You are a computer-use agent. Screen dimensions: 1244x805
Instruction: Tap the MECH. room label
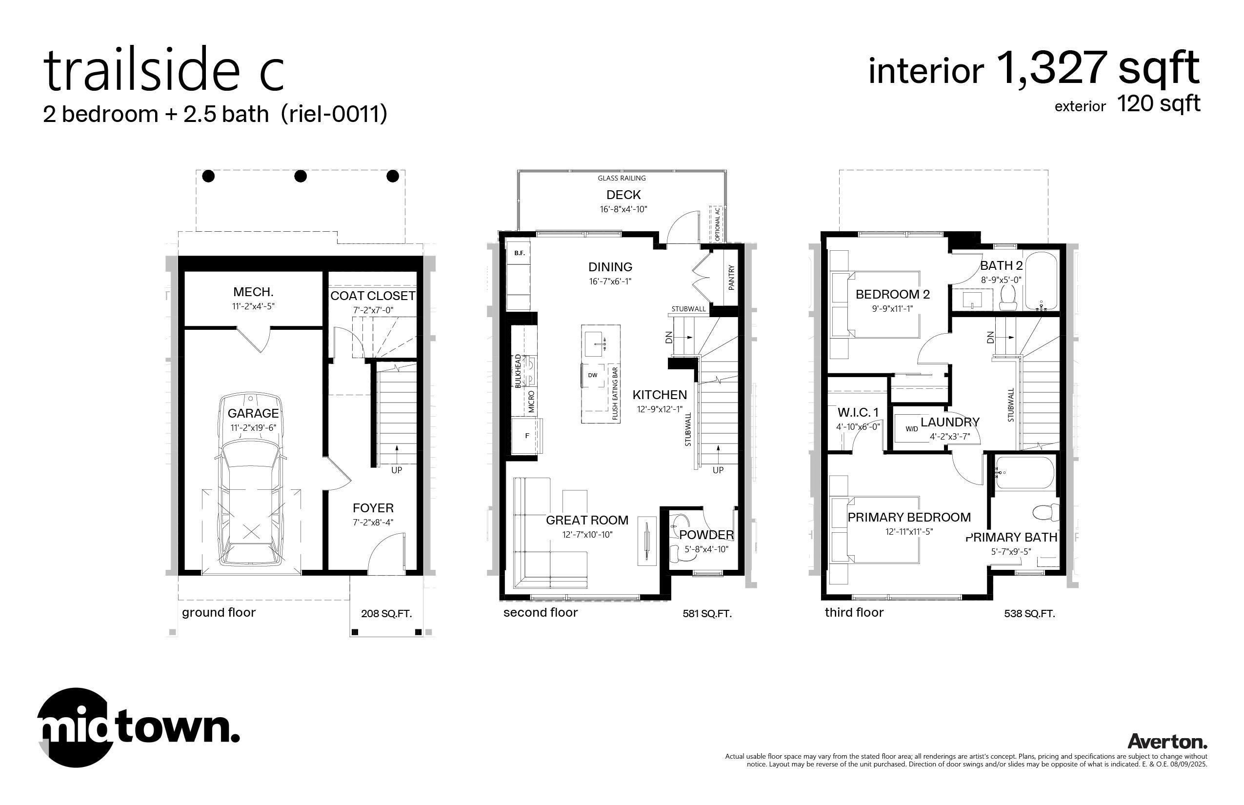[x=254, y=292]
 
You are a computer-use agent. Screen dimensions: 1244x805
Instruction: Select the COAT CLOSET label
[x=373, y=296]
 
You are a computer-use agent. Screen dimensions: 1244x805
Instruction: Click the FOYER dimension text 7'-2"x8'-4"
[x=373, y=522]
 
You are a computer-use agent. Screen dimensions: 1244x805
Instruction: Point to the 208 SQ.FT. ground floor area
[x=386, y=614]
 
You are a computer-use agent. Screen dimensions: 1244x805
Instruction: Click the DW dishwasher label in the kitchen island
[x=592, y=375]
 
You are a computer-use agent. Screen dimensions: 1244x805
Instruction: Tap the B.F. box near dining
[x=519, y=253]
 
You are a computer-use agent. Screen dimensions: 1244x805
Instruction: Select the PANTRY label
[x=731, y=278]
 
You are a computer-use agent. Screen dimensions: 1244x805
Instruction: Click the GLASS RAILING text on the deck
[x=622, y=178]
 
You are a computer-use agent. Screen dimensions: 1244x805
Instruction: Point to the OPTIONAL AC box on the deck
[x=717, y=223]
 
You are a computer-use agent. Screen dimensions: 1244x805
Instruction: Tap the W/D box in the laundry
[x=912, y=429]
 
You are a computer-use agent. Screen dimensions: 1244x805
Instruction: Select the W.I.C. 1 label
[x=858, y=412]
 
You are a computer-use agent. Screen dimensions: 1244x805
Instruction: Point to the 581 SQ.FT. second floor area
[x=707, y=614]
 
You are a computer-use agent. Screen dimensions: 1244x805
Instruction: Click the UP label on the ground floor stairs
[x=397, y=470]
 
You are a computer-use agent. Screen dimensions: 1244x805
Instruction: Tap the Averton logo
[x=1167, y=741]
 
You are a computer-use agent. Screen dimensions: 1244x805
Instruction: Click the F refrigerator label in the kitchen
[x=527, y=435]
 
